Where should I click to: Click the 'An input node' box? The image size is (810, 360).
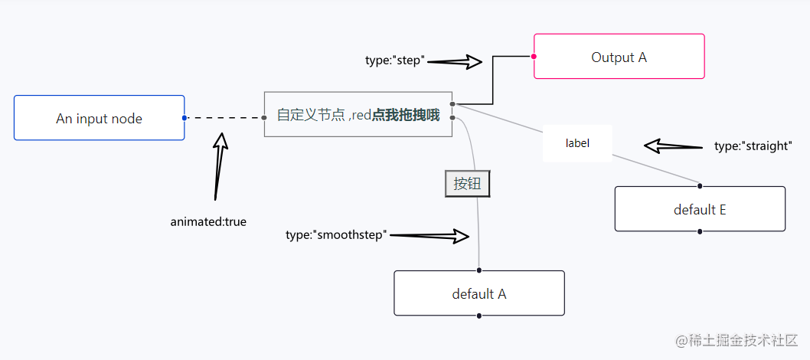(99, 118)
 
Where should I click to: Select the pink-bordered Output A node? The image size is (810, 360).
(619, 57)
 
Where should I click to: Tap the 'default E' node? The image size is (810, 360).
(700, 209)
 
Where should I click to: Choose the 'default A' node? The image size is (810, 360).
(478, 293)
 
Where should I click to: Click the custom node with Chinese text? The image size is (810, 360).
(358, 115)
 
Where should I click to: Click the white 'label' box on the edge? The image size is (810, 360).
(577, 142)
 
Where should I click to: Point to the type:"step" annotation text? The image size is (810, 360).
(394, 61)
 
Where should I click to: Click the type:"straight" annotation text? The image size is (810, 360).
(752, 146)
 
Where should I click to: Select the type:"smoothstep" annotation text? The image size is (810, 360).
(337, 234)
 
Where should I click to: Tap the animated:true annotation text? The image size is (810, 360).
(208, 221)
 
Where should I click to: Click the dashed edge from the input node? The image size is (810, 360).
(224, 118)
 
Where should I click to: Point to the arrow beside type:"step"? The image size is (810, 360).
(456, 61)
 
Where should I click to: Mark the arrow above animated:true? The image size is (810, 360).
(220, 165)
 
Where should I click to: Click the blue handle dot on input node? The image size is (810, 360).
(185, 118)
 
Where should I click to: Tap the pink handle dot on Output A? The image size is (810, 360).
(534, 56)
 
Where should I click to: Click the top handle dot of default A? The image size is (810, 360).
(478, 270)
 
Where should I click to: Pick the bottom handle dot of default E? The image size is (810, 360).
(700, 231)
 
